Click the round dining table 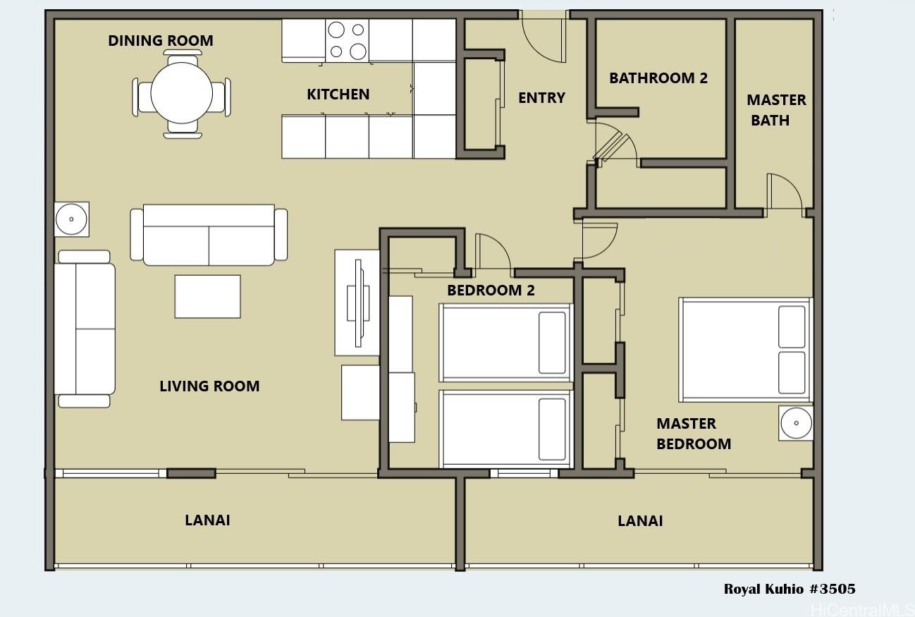[x=181, y=93]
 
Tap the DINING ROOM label [x=161, y=40]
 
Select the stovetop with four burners [x=347, y=40]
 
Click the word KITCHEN [x=338, y=94]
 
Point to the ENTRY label [x=541, y=97]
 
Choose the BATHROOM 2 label [x=658, y=78]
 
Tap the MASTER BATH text [x=776, y=110]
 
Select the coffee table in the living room [x=207, y=296]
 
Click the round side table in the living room [x=71, y=219]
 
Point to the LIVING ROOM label [x=209, y=386]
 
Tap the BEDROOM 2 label [x=491, y=290]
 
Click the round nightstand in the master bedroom [x=796, y=423]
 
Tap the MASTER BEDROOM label [x=694, y=434]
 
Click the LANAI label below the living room [x=207, y=520]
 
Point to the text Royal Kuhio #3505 [x=790, y=589]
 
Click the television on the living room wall [x=358, y=303]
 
